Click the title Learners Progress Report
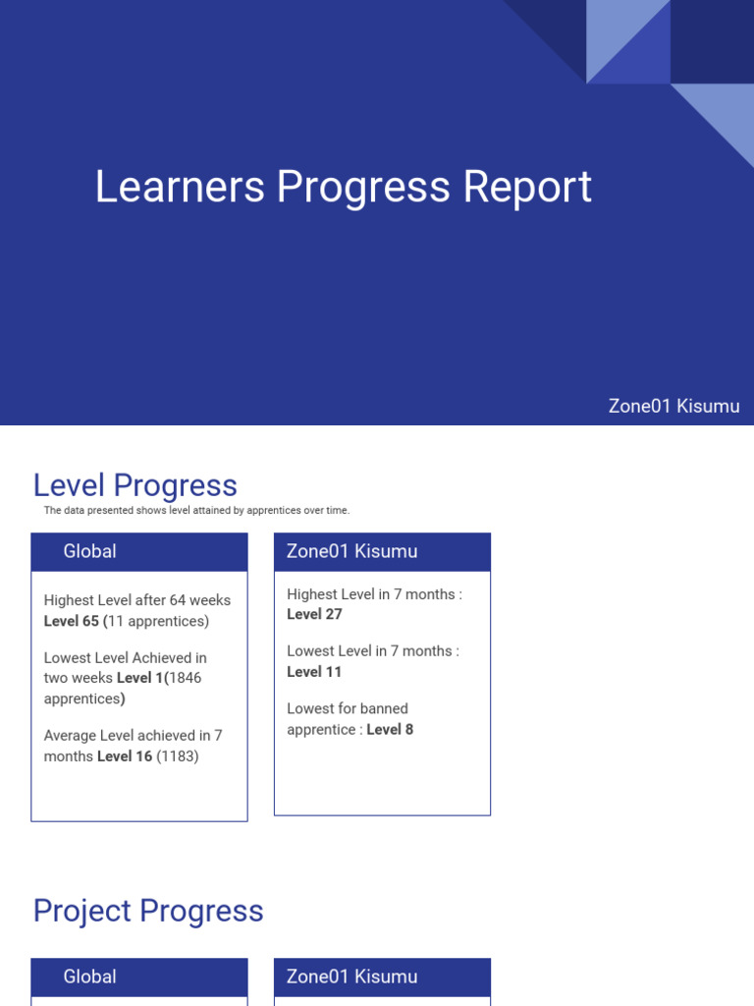343,188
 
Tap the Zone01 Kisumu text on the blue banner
673,406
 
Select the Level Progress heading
135,485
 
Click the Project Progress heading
148,911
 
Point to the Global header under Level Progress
89,551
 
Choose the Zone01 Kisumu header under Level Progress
351,551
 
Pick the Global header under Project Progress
89,977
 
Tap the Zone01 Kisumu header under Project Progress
351,977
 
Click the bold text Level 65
72,621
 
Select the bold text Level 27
314,614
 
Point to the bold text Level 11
314,672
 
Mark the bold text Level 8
390,729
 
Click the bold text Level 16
125,756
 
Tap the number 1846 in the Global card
186,678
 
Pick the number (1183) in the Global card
178,756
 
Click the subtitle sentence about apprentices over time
196,511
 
